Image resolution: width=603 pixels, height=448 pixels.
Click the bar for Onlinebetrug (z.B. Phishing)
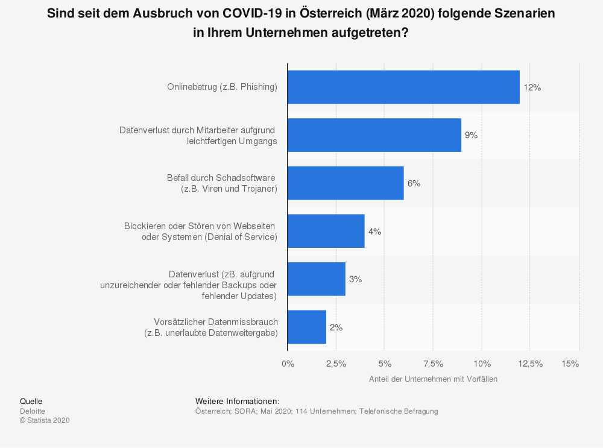(x=403, y=87)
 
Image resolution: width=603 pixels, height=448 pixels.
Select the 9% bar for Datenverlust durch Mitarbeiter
(x=374, y=135)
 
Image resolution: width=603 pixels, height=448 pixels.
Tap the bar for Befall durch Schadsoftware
(x=345, y=183)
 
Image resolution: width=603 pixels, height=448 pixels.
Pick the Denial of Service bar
(x=326, y=231)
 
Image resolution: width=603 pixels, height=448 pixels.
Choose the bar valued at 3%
(x=316, y=279)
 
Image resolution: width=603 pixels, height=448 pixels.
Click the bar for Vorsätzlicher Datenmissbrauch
(x=306, y=327)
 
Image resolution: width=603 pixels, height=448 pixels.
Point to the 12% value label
(x=532, y=87)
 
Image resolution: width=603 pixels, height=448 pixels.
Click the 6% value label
(x=414, y=183)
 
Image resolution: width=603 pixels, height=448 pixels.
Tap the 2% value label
(x=336, y=327)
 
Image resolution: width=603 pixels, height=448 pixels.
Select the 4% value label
(x=374, y=232)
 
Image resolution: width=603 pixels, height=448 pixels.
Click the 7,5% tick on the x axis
(x=433, y=364)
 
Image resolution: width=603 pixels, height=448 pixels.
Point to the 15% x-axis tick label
(x=570, y=364)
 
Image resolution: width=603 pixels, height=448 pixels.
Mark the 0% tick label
(x=288, y=364)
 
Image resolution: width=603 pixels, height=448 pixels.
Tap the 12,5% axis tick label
(x=530, y=364)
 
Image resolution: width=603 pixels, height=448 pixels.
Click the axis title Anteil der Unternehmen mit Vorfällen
(x=433, y=379)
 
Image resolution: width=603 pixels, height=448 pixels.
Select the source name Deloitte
(x=33, y=411)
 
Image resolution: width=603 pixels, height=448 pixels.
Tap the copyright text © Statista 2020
(x=45, y=421)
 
